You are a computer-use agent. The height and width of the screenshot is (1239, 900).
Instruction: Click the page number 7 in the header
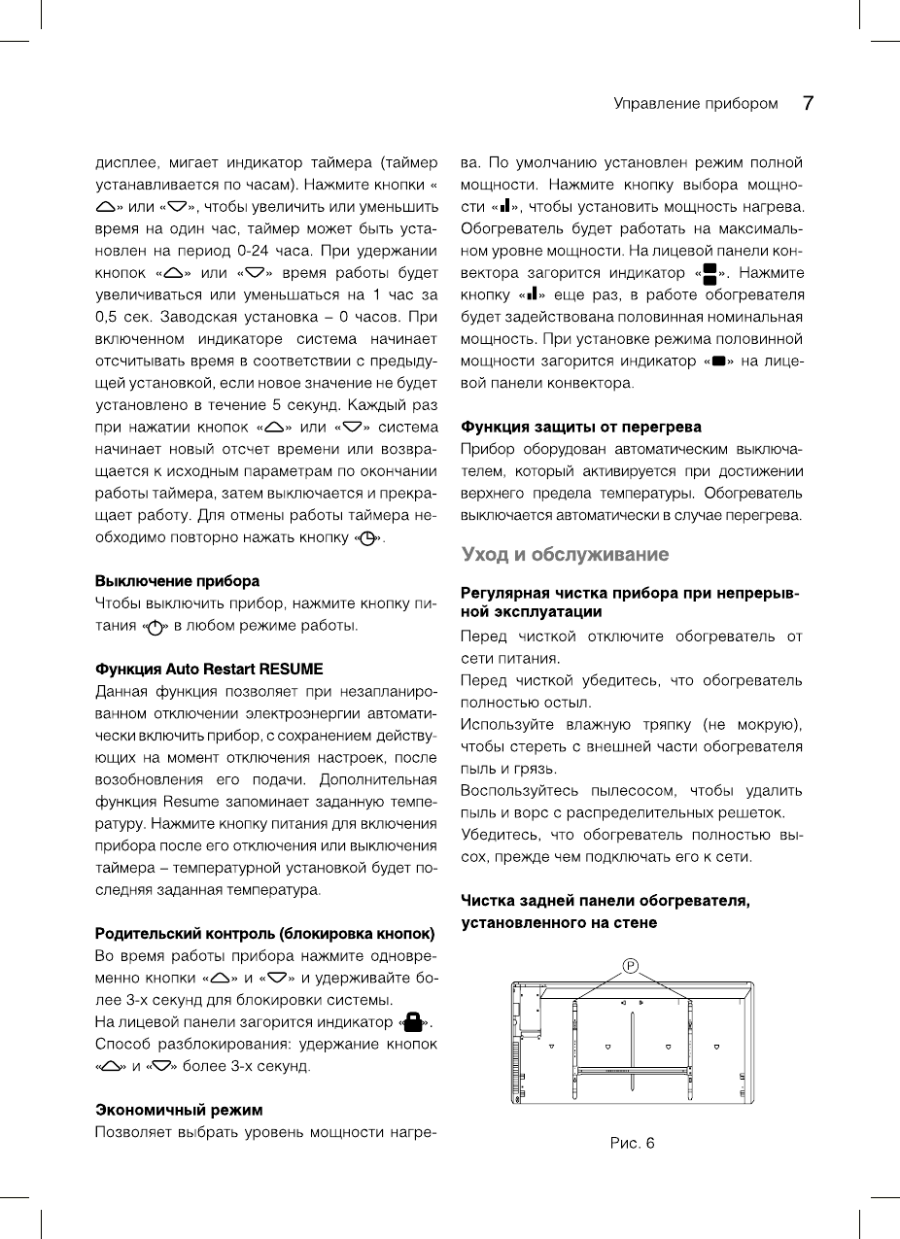click(807, 103)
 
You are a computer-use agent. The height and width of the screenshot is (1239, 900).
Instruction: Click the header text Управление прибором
click(695, 104)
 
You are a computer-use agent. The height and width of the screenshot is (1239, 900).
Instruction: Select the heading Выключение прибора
click(177, 581)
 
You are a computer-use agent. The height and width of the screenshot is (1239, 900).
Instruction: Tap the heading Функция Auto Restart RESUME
click(208, 670)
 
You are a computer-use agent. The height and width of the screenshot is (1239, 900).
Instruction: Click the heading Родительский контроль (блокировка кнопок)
click(264, 935)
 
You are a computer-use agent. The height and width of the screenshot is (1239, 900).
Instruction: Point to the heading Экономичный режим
click(179, 1110)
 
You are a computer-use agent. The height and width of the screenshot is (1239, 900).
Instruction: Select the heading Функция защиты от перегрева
click(580, 427)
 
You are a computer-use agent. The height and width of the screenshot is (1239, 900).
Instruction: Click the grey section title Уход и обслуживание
click(565, 555)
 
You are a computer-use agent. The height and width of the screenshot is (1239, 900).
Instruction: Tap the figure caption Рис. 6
click(632, 1144)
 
